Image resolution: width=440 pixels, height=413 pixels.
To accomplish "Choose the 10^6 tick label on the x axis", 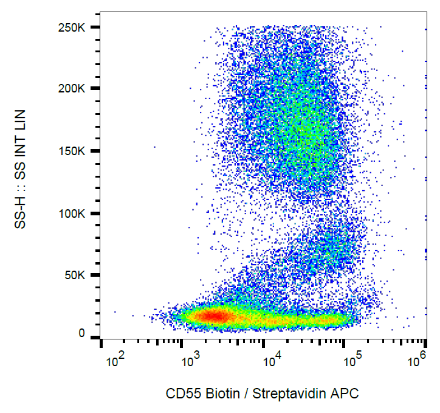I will coord(416,363).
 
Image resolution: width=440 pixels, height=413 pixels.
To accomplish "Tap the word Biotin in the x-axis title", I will coord(218,394).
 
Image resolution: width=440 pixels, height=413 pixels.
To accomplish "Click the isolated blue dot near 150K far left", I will coord(154,147).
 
